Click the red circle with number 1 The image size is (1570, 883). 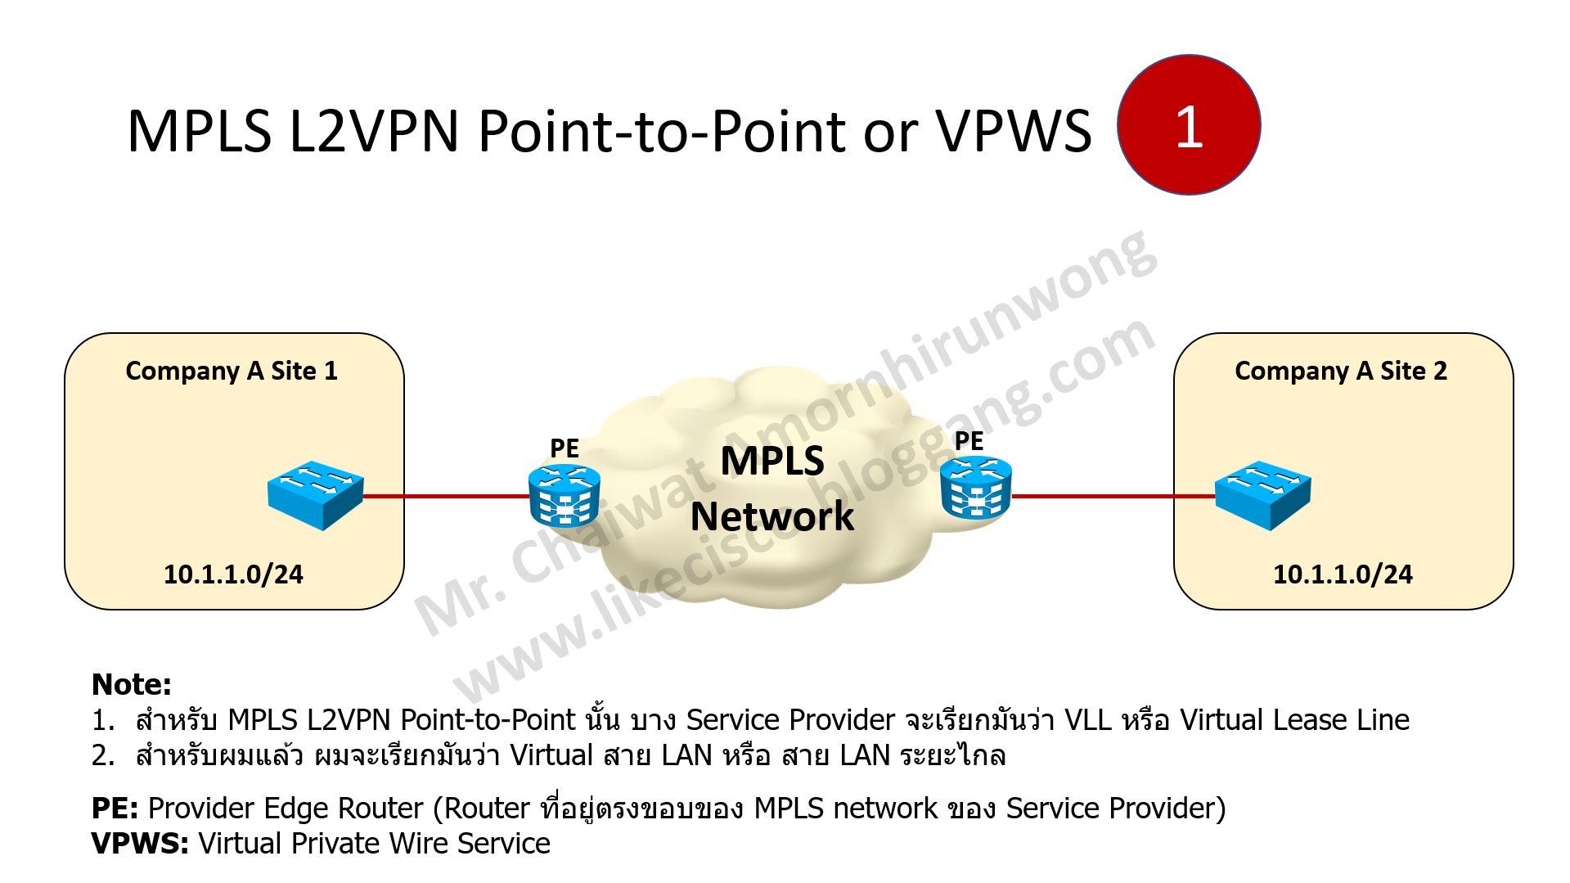click(x=1188, y=125)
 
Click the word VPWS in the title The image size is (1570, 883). click(x=1013, y=132)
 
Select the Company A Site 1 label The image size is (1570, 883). click(x=232, y=371)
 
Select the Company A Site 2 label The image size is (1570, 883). click(x=1340, y=371)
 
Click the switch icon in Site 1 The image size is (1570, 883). click(x=315, y=495)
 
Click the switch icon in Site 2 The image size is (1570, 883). click(x=1262, y=495)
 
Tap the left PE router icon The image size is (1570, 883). click(x=565, y=496)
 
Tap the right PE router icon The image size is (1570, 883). click(x=976, y=489)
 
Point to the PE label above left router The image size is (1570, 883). click(x=565, y=448)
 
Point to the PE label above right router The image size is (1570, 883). click(x=969, y=441)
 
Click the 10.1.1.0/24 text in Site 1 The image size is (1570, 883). click(x=233, y=574)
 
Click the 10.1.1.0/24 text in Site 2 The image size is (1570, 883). click(x=1343, y=574)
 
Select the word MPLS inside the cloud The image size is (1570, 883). click(x=772, y=461)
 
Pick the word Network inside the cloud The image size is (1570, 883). click(x=772, y=516)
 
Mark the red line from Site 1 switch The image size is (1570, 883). click(x=446, y=496)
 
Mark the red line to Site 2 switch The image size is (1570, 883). click(x=1113, y=496)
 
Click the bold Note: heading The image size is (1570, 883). click(x=131, y=684)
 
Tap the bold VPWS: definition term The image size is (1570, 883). click(x=140, y=843)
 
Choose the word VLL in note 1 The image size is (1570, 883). click(x=1087, y=720)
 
